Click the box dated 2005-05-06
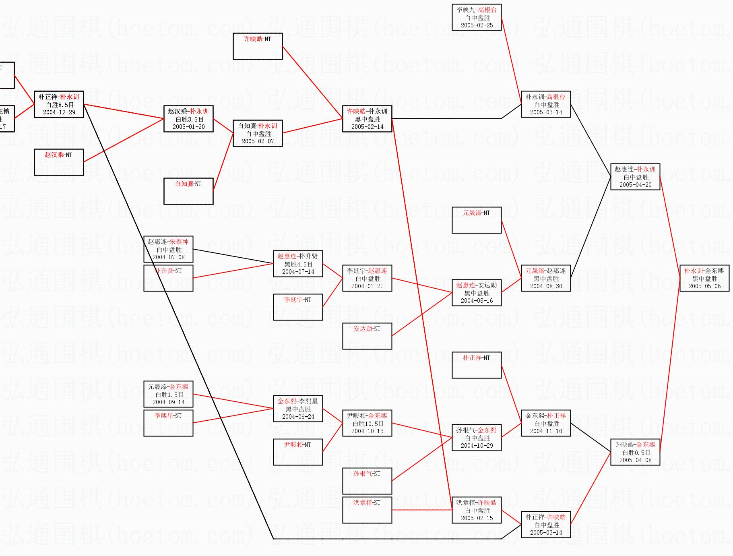(704, 278)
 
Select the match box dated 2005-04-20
(635, 177)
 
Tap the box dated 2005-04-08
(635, 452)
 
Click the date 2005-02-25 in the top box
(477, 25)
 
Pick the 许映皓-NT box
(258, 46)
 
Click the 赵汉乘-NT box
(59, 162)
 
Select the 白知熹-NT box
(188, 191)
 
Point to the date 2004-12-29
(59, 112)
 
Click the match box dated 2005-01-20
(188, 119)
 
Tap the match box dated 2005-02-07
(258, 133)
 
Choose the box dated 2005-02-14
(367, 119)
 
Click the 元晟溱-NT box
(477, 220)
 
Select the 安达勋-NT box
(367, 336)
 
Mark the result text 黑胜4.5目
(298, 264)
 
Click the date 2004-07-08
(169, 257)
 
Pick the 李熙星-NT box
(168, 423)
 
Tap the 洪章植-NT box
(367, 510)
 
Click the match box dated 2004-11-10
(546, 423)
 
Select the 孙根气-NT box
(367, 481)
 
